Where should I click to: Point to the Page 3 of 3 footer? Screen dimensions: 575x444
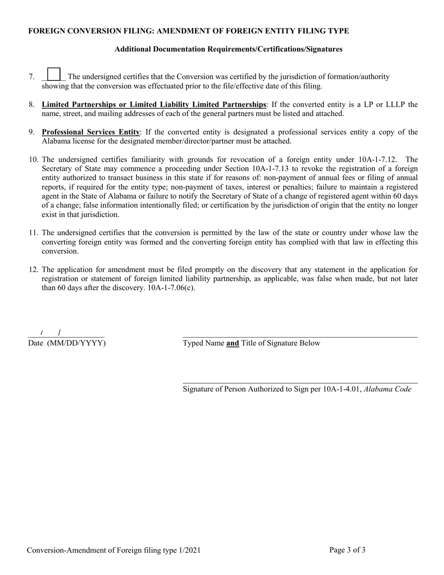(x=347, y=550)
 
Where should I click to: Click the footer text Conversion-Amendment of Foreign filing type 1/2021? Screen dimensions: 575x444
(x=114, y=551)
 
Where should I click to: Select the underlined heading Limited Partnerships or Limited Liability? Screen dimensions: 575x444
(x=154, y=105)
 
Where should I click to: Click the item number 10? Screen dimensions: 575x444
(x=34, y=159)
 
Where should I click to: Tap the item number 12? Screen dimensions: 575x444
(x=34, y=270)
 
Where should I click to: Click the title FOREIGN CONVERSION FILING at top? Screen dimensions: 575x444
(x=188, y=31)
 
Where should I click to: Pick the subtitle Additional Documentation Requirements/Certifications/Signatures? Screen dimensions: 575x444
(x=228, y=49)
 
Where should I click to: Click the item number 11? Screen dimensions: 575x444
(x=34, y=233)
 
